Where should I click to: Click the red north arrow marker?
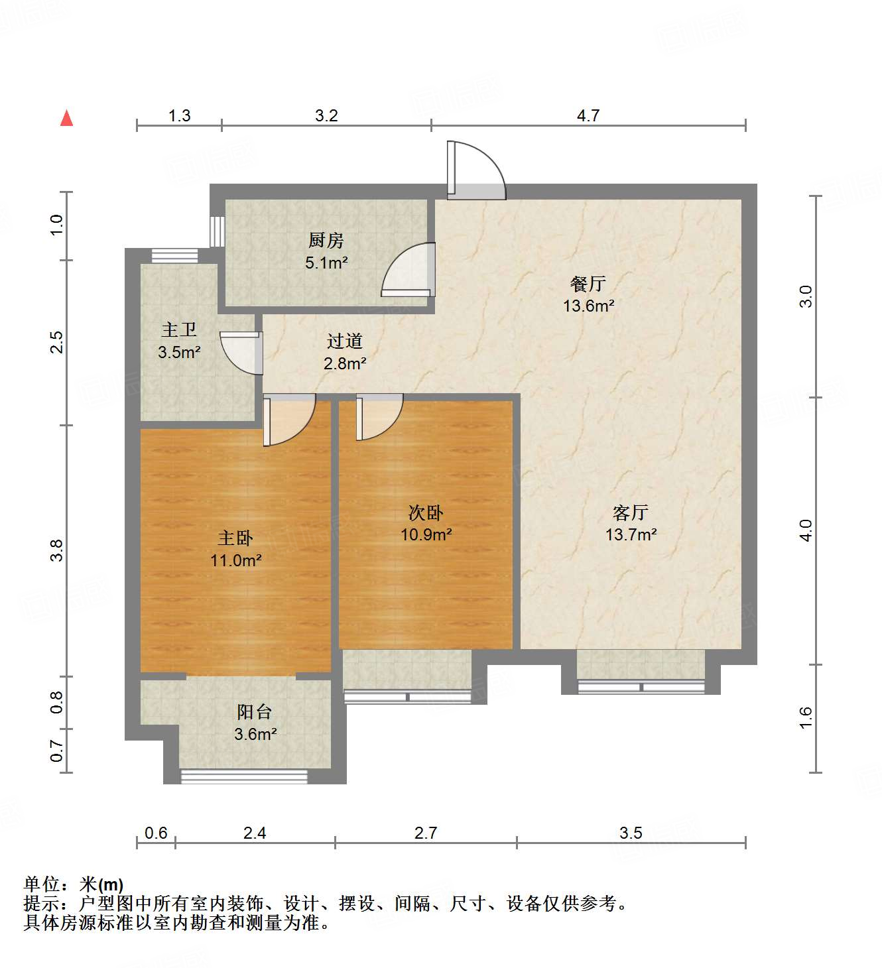click(x=66, y=118)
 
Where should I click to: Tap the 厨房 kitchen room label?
click(x=326, y=240)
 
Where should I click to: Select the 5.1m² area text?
click(x=326, y=263)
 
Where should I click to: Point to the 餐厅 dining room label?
click(x=588, y=284)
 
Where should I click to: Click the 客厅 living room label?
click(x=631, y=513)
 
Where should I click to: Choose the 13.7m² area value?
click(x=631, y=534)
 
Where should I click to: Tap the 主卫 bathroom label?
click(x=179, y=330)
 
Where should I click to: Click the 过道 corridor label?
click(x=345, y=341)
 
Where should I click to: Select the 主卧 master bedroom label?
click(x=235, y=538)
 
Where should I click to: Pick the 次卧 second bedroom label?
click(x=426, y=513)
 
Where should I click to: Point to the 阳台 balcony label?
click(x=255, y=712)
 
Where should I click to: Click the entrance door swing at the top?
click(x=476, y=170)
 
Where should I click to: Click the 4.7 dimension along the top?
click(x=588, y=116)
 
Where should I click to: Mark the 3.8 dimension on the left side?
click(x=57, y=550)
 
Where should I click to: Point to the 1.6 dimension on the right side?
click(x=805, y=717)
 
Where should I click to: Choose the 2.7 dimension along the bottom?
click(x=426, y=833)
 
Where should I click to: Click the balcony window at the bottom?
click(x=245, y=776)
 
